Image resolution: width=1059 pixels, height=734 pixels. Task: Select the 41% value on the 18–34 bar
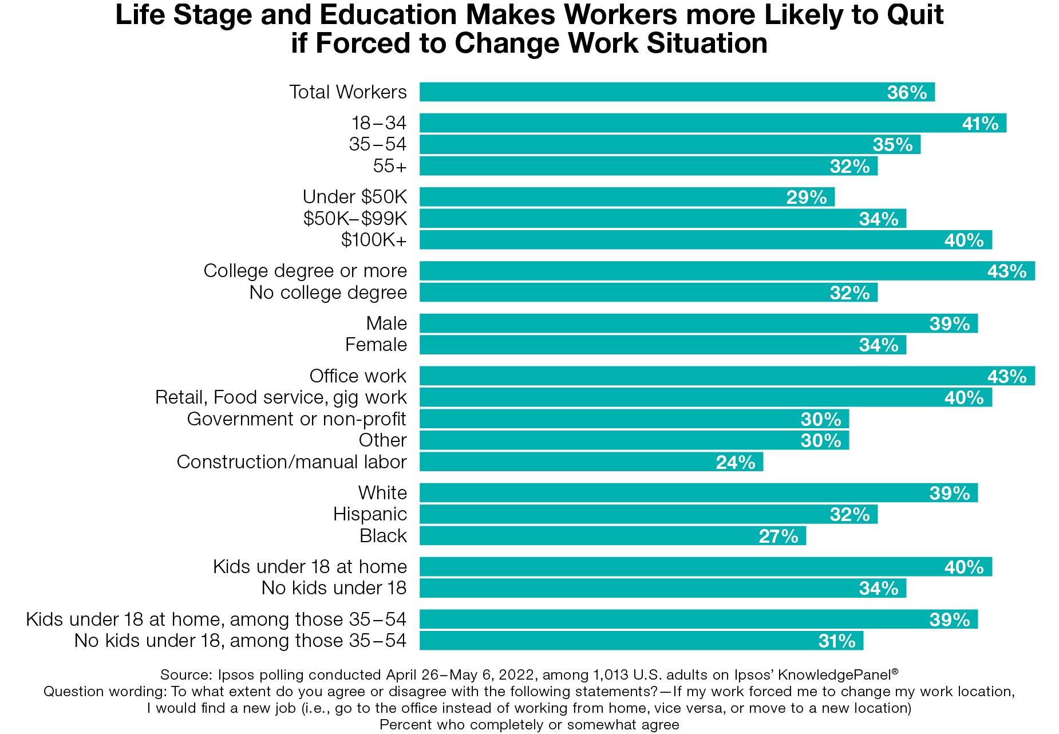click(x=979, y=124)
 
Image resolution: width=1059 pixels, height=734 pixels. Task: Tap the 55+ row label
click(x=389, y=166)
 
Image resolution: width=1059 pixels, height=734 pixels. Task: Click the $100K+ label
click(x=373, y=240)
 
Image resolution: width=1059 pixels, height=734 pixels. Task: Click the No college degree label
click(x=328, y=293)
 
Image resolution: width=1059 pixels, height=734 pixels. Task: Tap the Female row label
click(x=376, y=345)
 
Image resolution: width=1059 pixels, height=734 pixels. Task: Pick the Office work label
click(x=358, y=376)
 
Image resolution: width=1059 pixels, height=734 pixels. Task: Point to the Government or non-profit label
click(x=297, y=419)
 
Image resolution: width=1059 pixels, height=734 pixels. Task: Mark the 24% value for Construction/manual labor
click(x=735, y=463)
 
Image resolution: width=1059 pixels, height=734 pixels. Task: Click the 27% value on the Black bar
click(x=778, y=536)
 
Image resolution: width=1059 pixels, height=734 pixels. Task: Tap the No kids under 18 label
click(x=334, y=588)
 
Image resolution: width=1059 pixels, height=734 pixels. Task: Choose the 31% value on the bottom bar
click(x=836, y=641)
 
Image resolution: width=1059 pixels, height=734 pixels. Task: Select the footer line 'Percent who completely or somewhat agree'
click(x=529, y=725)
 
